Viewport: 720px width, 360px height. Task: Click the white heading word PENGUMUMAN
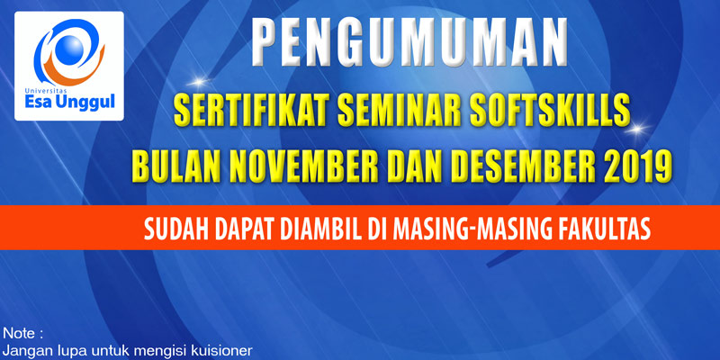[409, 42]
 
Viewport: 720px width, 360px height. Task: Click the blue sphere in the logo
[72, 48]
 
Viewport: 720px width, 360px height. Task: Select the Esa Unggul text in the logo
[69, 102]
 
